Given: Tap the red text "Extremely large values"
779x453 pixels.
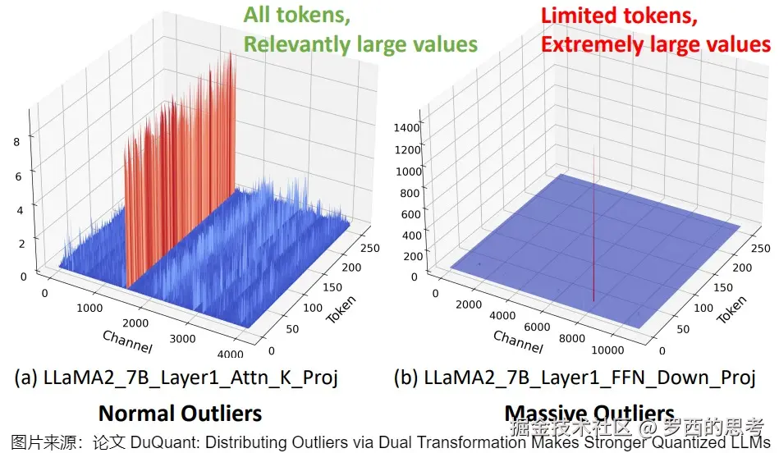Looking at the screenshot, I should tap(655, 43).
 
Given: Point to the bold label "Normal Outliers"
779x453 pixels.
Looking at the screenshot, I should tap(180, 413).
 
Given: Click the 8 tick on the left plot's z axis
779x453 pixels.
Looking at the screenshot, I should tap(16, 141).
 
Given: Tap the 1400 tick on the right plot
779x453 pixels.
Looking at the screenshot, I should tap(407, 127).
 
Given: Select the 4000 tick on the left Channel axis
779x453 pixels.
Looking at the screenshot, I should tap(231, 354).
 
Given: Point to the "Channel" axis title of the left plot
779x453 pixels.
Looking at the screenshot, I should tap(127, 341).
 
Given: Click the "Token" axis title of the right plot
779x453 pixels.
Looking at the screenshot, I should tap(732, 309).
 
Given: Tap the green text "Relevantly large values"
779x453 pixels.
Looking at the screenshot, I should tap(360, 43).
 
